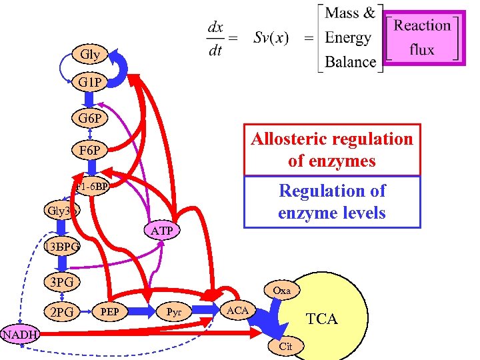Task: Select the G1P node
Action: tap(89, 83)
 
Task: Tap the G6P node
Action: tap(89, 119)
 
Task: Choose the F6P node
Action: tap(89, 150)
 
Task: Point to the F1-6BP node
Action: tap(92, 186)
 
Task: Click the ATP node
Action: tap(161, 231)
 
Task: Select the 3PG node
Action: tap(62, 282)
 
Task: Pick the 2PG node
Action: tap(62, 311)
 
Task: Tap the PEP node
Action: tap(110, 311)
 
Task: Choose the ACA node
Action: tap(237, 311)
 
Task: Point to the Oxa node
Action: tap(281, 291)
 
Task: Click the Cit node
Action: tap(285, 346)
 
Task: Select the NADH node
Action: tap(20, 333)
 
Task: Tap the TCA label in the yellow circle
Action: tap(322, 319)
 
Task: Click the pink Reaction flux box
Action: tap(422, 37)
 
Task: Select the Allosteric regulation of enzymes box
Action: tap(331, 149)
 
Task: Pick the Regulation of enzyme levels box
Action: tap(331, 201)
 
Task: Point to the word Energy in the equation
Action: tap(349, 37)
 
